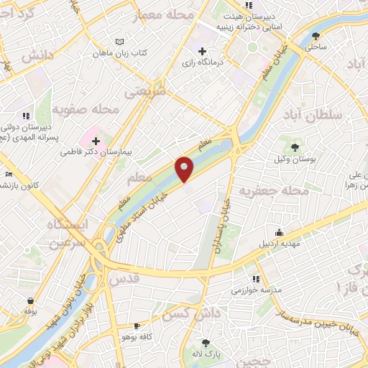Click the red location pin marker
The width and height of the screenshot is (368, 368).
(x=185, y=169)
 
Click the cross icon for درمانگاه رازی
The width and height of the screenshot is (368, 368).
(x=203, y=52)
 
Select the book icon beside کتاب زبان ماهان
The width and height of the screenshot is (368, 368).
(x=119, y=42)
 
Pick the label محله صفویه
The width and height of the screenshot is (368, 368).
(x=86, y=109)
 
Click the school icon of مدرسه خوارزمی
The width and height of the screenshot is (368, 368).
(x=255, y=279)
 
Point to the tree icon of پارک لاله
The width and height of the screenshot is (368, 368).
(x=206, y=343)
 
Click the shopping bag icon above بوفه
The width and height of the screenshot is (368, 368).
(x=30, y=300)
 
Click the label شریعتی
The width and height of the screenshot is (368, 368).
(x=146, y=91)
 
